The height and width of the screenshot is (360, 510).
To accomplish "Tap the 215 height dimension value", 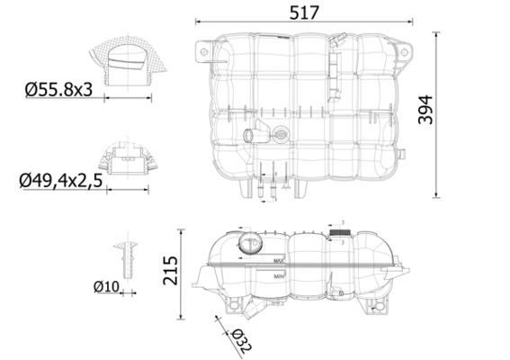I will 169,273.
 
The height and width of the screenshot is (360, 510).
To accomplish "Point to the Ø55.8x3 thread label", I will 58,90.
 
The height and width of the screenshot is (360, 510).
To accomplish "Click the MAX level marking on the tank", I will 279,262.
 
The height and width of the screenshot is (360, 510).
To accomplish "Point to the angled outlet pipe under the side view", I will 249,311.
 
